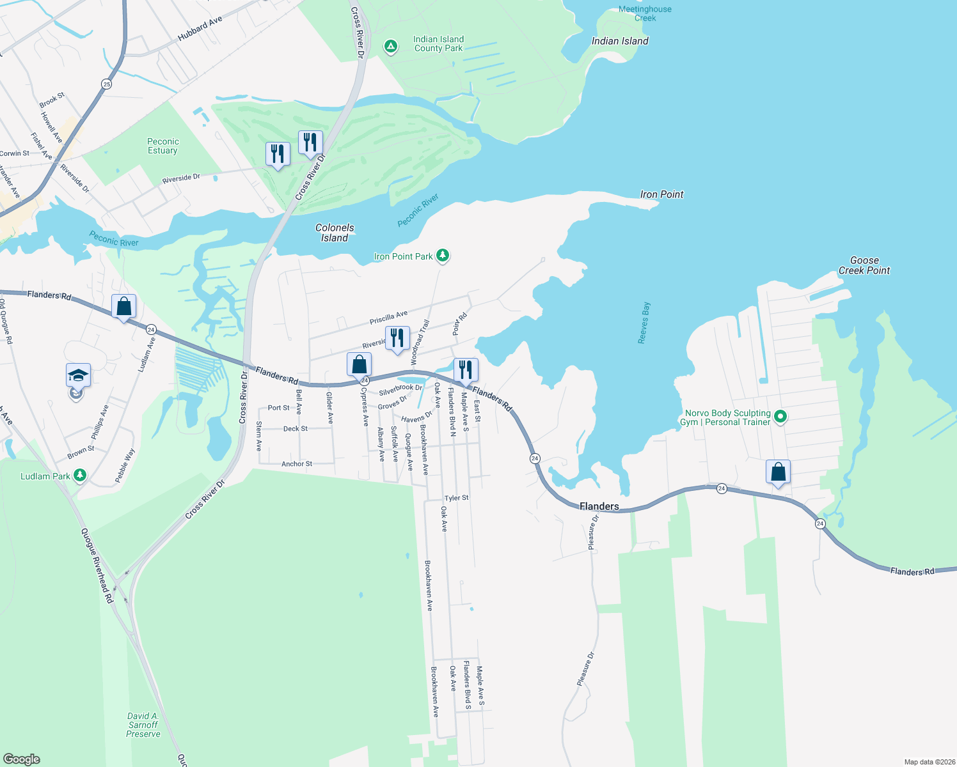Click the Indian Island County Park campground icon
pyautogui.click(x=390, y=47)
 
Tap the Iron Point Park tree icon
pyautogui.click(x=442, y=256)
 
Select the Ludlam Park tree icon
pyautogui.click(x=79, y=475)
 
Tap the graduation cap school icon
pyautogui.click(x=78, y=375)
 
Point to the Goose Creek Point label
pyautogui.click(x=864, y=265)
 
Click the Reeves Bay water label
pyautogui.click(x=644, y=323)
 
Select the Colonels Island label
pyautogui.click(x=335, y=233)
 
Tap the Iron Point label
pyautogui.click(x=662, y=194)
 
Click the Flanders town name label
pyautogui.click(x=599, y=506)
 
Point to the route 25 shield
pyautogui.click(x=106, y=84)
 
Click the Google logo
pyautogui.click(x=22, y=759)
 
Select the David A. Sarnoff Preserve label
pyautogui.click(x=143, y=725)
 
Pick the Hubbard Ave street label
pyautogui.click(x=200, y=29)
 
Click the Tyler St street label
pyautogui.click(x=457, y=498)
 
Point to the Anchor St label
pyautogui.click(x=297, y=464)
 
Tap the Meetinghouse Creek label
pyautogui.click(x=645, y=13)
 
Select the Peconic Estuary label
pyautogui.click(x=163, y=146)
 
